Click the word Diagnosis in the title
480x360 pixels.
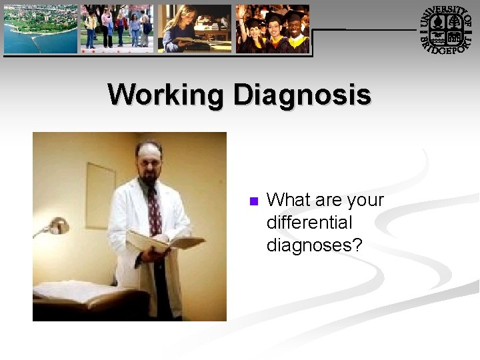(x=302, y=95)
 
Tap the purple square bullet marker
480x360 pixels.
(x=253, y=201)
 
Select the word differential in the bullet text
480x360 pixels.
(x=309, y=223)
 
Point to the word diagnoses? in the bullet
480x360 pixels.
(x=314, y=245)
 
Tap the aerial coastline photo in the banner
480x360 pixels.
(x=41, y=29)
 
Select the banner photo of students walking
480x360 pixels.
(x=117, y=29)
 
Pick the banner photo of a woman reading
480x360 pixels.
(x=194, y=29)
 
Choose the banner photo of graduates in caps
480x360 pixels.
(x=273, y=29)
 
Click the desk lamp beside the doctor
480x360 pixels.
(x=57, y=227)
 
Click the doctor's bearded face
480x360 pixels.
(x=149, y=162)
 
